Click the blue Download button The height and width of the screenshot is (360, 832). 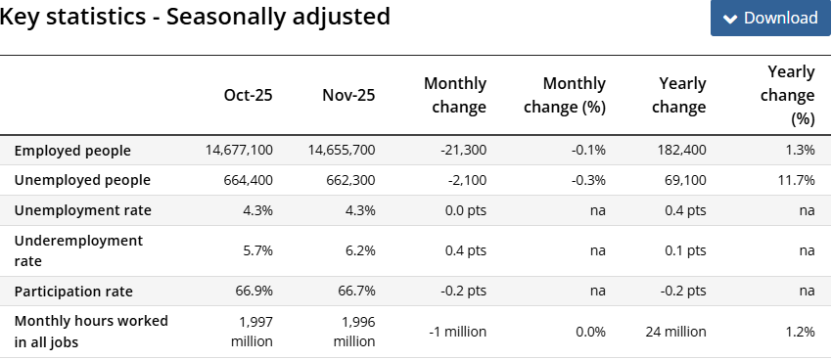point(770,19)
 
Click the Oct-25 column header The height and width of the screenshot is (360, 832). point(248,95)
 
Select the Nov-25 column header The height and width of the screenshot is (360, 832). point(348,95)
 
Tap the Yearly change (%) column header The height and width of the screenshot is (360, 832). point(791,95)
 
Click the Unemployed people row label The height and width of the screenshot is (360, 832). point(82,180)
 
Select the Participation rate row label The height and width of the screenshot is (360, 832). point(73,292)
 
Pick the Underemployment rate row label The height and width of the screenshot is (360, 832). point(78,250)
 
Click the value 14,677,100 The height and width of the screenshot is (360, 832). point(239,151)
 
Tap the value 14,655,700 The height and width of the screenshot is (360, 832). point(341,151)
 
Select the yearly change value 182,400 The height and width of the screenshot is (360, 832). point(678,151)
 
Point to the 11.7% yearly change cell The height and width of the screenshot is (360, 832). point(798,180)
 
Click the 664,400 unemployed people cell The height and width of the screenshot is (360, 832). point(247,180)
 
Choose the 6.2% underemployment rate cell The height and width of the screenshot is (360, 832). point(358,250)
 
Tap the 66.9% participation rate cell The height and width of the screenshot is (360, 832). point(254,292)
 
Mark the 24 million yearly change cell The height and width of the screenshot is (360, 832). point(675,332)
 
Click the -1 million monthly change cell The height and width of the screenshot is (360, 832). point(457,332)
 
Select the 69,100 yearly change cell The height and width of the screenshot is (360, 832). point(685,180)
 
